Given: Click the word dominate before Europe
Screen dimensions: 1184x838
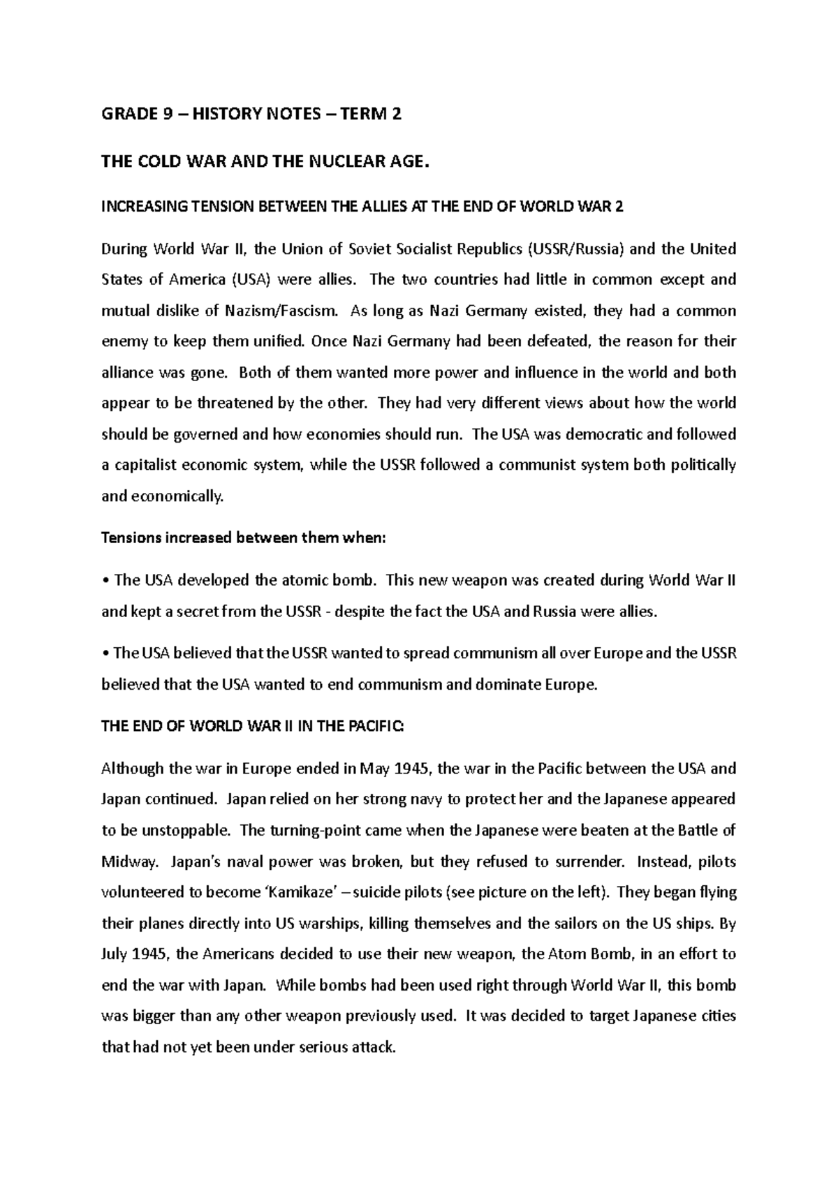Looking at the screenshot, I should coord(508,685).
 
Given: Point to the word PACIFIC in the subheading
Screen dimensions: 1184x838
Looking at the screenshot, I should coord(374,727).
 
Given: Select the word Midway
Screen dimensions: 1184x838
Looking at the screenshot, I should coord(128,862).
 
